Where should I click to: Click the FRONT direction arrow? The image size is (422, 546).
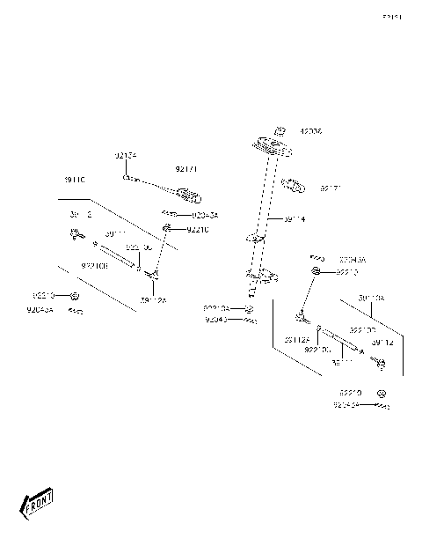tap(37, 503)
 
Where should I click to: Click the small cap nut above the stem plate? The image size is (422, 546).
tap(280, 130)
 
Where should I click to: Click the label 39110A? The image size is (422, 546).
tap(370, 299)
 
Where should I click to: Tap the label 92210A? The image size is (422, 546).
tap(217, 308)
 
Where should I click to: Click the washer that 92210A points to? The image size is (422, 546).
tap(249, 310)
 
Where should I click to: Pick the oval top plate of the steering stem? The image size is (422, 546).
tap(274, 145)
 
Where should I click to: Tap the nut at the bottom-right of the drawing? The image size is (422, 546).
tap(382, 392)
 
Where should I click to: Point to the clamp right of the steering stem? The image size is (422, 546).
tap(293, 187)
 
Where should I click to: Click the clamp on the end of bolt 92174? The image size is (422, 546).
tap(186, 195)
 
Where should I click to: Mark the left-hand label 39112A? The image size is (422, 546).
tap(152, 300)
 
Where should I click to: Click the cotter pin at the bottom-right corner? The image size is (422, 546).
tap(382, 407)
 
